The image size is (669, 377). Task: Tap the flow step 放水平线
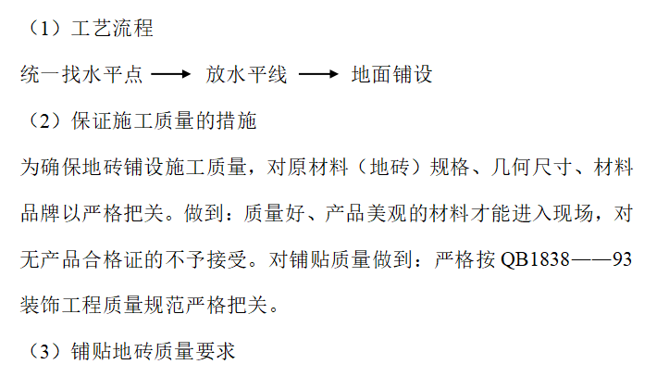[x=246, y=75]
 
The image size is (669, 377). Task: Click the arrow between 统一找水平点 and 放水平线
[x=170, y=75]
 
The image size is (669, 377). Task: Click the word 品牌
[x=39, y=213]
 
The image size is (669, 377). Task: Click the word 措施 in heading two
[x=236, y=120]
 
